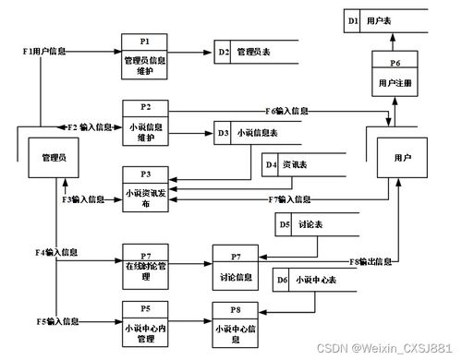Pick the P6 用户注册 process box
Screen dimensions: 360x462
[395, 77]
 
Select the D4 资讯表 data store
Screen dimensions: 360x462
[300, 165]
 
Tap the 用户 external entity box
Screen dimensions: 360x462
[401, 158]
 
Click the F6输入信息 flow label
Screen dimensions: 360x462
[286, 111]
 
